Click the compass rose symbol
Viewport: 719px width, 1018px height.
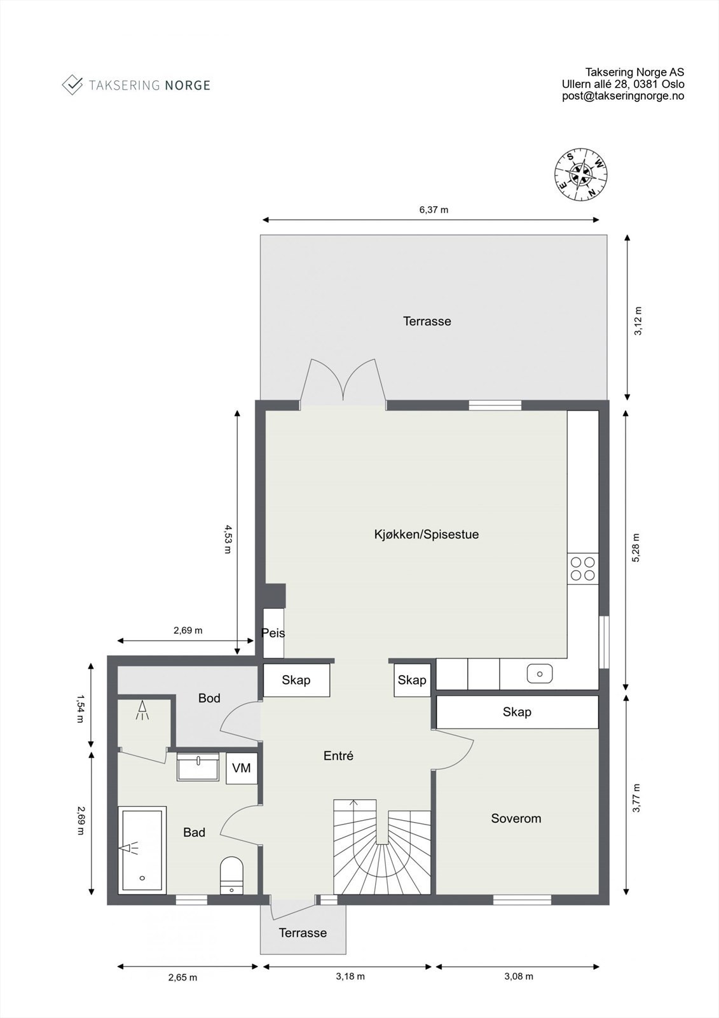tap(581, 174)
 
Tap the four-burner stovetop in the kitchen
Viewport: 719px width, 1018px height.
tap(583, 569)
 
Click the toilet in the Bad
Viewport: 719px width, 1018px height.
tap(231, 875)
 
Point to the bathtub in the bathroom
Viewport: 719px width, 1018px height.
tap(142, 849)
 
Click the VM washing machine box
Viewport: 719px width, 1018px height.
tap(242, 768)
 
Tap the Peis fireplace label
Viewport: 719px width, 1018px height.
tap(273, 633)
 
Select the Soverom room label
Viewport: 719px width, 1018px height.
tap(516, 818)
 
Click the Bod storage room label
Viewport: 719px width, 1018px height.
tap(209, 698)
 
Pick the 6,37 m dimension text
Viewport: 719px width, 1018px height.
tap(434, 209)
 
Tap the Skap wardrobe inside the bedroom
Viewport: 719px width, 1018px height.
tap(517, 712)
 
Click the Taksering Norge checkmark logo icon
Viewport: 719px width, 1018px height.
tap(72, 85)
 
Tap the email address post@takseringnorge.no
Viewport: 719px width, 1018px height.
tap(622, 96)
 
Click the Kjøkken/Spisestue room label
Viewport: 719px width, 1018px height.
tap(426, 534)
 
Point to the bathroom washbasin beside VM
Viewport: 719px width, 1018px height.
tap(198, 767)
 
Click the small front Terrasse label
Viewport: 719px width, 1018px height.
tap(303, 933)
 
